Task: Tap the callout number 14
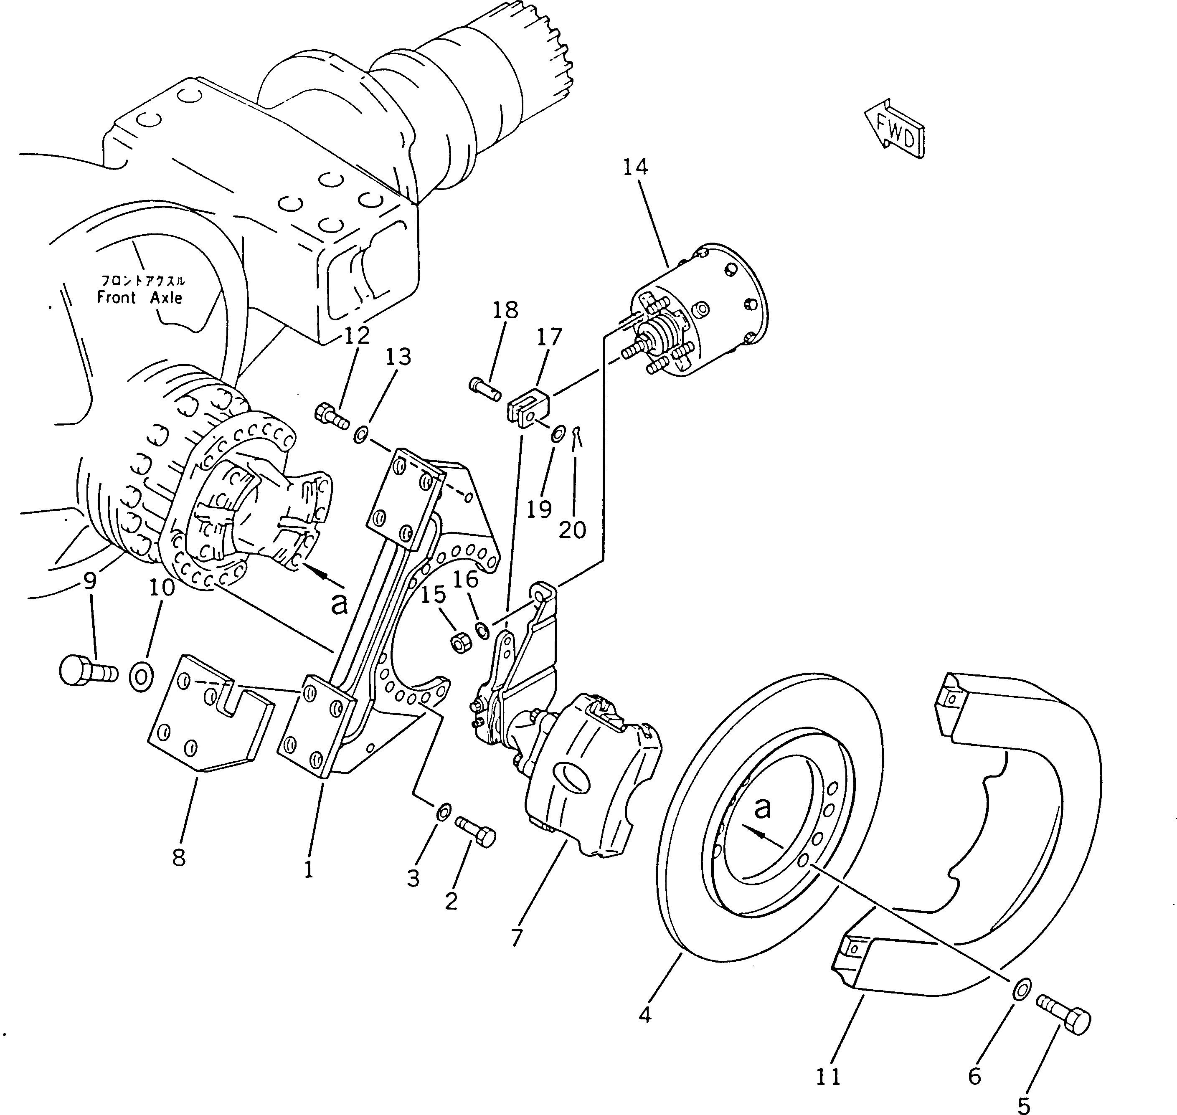coord(635,167)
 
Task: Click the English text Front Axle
coord(140,298)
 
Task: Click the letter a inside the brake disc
coord(762,808)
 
